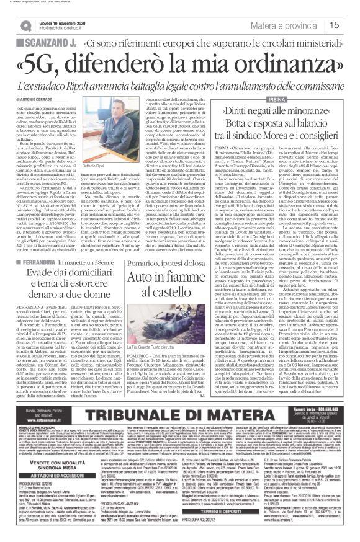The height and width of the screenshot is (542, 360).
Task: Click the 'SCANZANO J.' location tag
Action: (42, 44)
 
